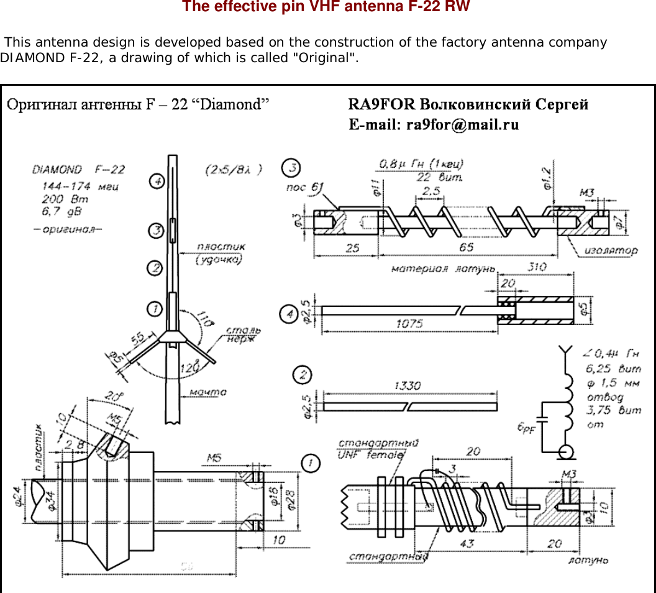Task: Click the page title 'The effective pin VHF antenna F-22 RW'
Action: point(326,7)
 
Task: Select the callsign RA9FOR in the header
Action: point(381,104)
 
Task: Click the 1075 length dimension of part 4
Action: point(408,324)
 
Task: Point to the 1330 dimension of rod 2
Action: point(408,386)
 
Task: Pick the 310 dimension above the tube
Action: point(537,267)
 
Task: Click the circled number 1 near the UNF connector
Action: point(310,462)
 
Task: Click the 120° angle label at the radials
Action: point(190,367)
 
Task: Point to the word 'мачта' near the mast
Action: point(207,392)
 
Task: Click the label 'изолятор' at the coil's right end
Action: point(611,251)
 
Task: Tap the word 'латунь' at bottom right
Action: point(588,560)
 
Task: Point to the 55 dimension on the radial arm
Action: point(137,338)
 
